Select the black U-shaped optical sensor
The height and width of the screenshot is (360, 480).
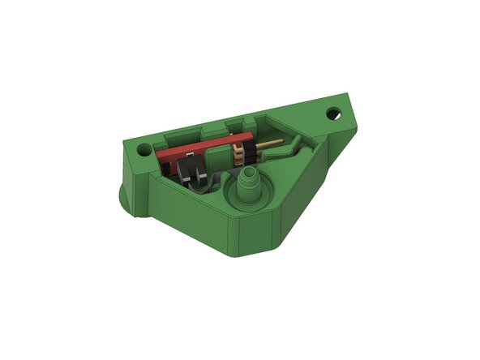(191, 168)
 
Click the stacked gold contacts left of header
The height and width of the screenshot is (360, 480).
(237, 152)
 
